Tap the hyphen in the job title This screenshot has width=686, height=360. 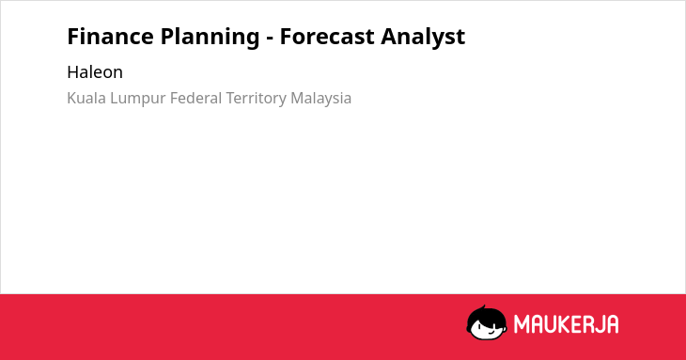point(270,39)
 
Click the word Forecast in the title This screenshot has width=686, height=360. point(327,37)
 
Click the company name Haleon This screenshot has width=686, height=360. point(95,72)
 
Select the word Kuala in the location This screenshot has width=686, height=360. point(86,98)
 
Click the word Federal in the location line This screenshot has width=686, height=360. point(196,98)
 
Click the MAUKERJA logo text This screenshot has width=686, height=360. point(566,324)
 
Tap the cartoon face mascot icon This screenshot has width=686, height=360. point(487,322)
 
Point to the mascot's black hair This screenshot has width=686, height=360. point(486,315)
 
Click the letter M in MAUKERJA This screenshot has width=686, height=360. point(522,324)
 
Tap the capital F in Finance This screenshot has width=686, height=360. point(73,37)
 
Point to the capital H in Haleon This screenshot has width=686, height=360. point(73,72)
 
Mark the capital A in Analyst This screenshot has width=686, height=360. point(389,37)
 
